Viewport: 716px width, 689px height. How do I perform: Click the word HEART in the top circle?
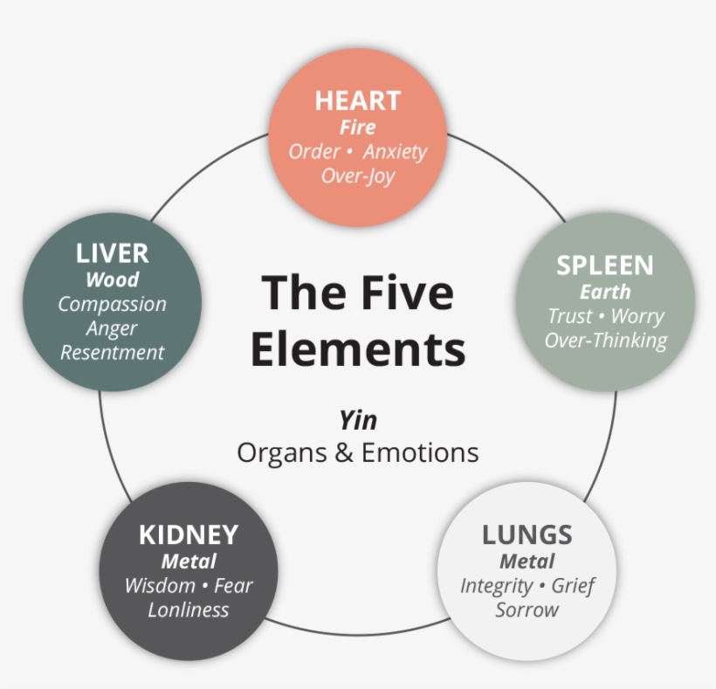[x=357, y=100]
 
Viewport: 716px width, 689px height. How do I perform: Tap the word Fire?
[x=357, y=127]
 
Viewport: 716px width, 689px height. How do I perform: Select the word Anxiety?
[x=395, y=151]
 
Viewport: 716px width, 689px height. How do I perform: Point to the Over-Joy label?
[x=357, y=176]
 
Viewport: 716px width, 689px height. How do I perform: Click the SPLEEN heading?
[x=604, y=265]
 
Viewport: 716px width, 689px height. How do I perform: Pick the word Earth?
[x=604, y=292]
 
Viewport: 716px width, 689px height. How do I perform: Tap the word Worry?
[x=637, y=316]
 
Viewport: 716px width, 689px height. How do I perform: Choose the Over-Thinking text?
[x=605, y=341]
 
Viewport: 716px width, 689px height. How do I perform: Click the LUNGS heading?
[x=527, y=534]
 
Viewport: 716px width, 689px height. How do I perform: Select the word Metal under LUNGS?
[x=527, y=561]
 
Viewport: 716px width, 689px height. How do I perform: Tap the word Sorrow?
[x=527, y=610]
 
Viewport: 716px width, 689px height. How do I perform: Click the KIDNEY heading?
[x=188, y=534]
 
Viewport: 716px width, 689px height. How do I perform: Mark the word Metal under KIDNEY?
[x=188, y=561]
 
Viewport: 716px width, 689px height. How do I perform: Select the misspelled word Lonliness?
[x=188, y=610]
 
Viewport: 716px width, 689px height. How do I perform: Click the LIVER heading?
[x=112, y=254]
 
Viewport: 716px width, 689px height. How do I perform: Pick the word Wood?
[x=112, y=279]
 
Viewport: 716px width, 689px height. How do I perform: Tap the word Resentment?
[x=112, y=353]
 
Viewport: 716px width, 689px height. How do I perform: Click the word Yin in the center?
[x=357, y=421]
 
